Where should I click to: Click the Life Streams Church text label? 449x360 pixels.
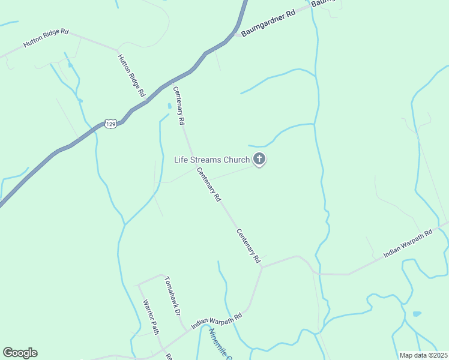click(x=211, y=160)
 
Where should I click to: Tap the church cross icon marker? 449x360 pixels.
click(x=259, y=159)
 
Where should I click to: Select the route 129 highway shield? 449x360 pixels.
click(x=110, y=124)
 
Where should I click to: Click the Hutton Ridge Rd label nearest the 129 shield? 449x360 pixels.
click(x=131, y=76)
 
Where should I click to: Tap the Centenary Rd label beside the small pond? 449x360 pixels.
click(x=179, y=106)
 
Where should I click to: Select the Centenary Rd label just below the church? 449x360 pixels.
click(x=209, y=184)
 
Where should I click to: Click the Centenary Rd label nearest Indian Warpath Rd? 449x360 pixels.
click(x=248, y=246)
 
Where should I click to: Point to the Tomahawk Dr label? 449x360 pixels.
click(x=173, y=296)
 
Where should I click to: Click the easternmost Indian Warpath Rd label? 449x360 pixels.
click(x=408, y=244)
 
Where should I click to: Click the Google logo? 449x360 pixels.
click(x=20, y=353)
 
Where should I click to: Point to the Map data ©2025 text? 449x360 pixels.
click(x=424, y=355)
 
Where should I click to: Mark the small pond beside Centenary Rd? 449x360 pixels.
click(x=169, y=106)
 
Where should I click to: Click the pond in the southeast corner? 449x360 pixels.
click(x=417, y=313)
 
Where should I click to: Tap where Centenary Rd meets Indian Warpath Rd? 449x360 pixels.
click(x=262, y=268)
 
